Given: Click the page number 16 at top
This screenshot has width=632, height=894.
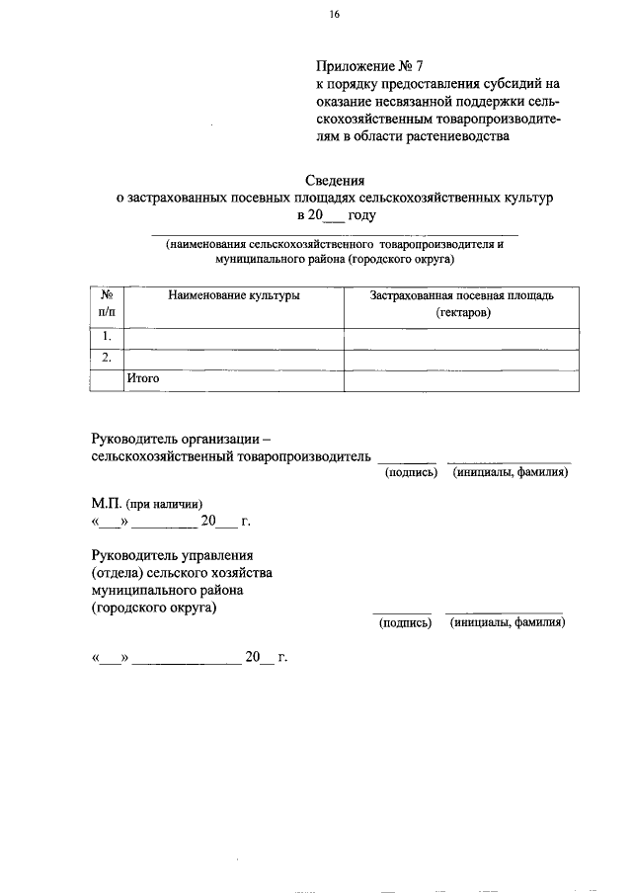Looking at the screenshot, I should [335, 14].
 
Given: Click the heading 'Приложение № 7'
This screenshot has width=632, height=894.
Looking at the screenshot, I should [368, 67].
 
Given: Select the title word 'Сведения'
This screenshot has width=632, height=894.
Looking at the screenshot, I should [335, 180].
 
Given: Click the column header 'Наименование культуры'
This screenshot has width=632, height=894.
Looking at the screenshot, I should [233, 295].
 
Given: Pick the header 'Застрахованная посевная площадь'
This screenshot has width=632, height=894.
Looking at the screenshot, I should [462, 295].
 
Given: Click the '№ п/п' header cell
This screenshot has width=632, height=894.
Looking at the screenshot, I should [107, 303].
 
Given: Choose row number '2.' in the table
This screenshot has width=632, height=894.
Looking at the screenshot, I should [107, 358].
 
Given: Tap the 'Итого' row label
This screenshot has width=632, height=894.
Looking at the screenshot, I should [143, 377].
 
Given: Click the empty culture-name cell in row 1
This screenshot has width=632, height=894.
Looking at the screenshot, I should [233, 338].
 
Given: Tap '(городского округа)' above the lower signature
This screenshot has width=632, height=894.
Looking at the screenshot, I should [153, 608].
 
